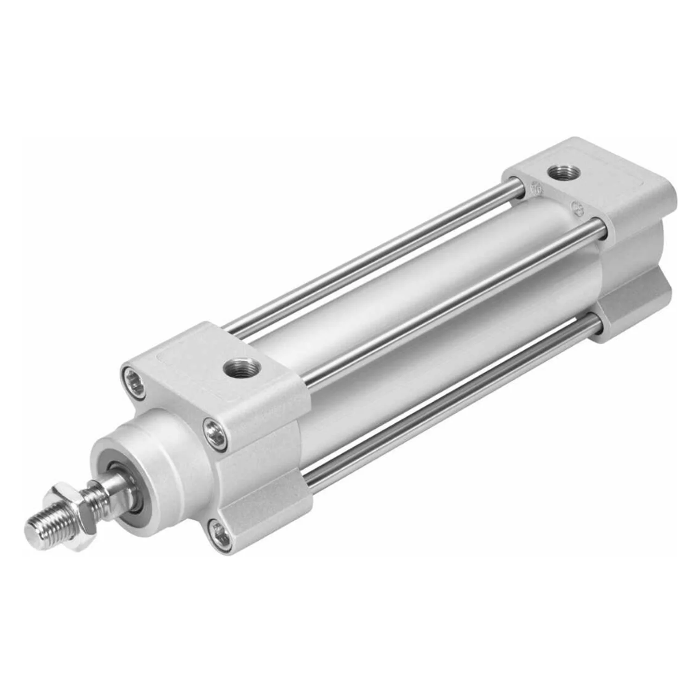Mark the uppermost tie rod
pos(371,260)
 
